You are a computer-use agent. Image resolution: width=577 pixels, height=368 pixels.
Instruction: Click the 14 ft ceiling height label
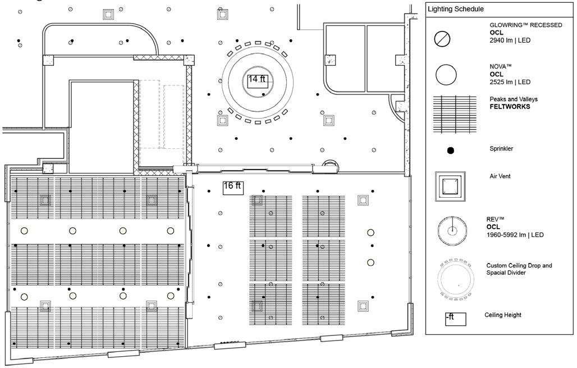pyautogui.click(x=257, y=79)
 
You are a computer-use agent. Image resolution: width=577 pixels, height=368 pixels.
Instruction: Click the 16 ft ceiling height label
pyautogui.click(x=232, y=187)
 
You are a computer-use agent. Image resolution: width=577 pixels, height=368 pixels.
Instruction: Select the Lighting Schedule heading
pyautogui.click(x=456, y=10)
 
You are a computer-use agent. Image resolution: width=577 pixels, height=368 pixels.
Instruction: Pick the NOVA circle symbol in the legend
pyautogui.click(x=446, y=74)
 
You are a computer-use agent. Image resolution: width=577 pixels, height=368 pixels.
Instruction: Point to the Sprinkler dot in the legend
pyautogui.click(x=450, y=150)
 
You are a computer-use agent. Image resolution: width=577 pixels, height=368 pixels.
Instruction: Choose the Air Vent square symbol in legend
pyautogui.click(x=450, y=186)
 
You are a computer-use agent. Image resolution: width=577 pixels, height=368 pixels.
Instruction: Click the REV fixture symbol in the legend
pyautogui.click(x=452, y=230)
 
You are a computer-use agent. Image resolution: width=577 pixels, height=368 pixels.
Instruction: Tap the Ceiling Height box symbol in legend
pyautogui.click(x=455, y=319)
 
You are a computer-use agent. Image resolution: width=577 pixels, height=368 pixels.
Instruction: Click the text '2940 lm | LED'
pyautogui.click(x=510, y=41)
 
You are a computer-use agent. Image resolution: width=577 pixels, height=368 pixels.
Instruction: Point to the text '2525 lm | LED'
pyautogui.click(x=510, y=82)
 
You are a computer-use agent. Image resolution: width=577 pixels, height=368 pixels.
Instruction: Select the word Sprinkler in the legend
pyautogui.click(x=501, y=149)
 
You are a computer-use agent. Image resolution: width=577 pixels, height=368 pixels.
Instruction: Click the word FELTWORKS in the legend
pyautogui.click(x=510, y=107)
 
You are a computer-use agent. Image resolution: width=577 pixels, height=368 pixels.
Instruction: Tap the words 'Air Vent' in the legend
pyautogui.click(x=500, y=176)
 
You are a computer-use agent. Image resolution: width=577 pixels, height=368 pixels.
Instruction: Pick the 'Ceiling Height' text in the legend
pyautogui.click(x=503, y=315)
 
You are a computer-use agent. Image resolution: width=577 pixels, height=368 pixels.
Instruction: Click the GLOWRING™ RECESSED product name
pyautogui.click(x=526, y=25)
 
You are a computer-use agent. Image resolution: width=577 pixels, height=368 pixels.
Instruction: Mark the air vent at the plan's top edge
pyautogui.click(x=108, y=13)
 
